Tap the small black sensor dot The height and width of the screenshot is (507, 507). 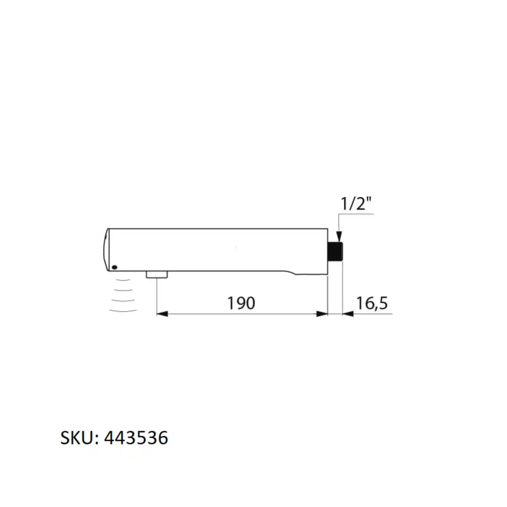point(114,267)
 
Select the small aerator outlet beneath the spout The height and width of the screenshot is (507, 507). point(157,275)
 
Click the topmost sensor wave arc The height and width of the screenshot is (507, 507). point(123,280)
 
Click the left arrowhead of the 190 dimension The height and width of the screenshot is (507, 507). point(162,314)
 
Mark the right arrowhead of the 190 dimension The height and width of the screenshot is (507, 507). point(322,314)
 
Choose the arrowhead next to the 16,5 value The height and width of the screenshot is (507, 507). point(348,314)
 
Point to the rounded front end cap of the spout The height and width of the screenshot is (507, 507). point(106,250)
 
